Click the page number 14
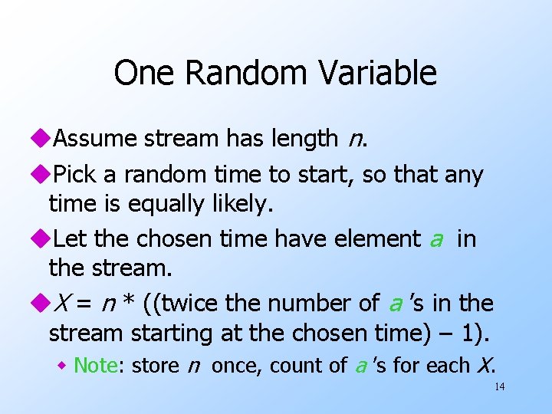499,386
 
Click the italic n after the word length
354,139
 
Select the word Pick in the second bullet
75,175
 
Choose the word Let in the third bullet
70,239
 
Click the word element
377,239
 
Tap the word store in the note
156,366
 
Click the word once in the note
235,366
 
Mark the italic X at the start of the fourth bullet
66,304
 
